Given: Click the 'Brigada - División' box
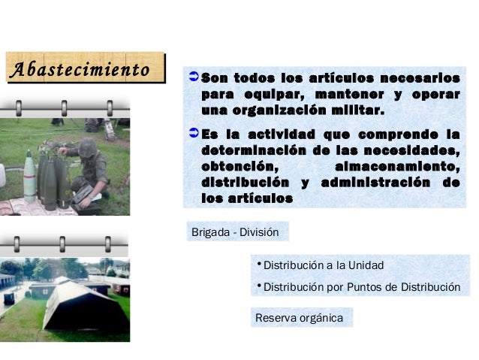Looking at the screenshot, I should (x=235, y=232).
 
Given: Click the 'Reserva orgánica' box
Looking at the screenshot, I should (x=299, y=318).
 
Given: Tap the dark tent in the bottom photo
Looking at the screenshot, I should (x=83, y=304).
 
